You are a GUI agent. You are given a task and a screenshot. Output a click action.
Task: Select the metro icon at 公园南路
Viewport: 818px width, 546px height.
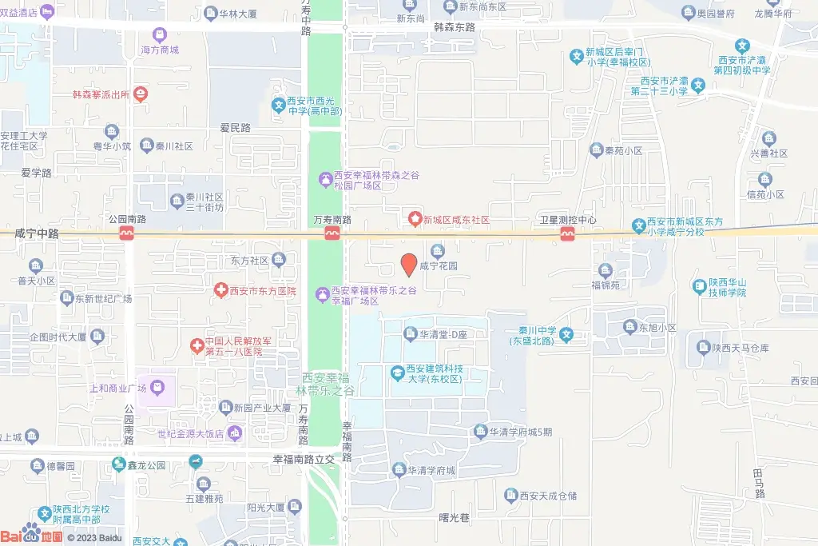[x=126, y=233]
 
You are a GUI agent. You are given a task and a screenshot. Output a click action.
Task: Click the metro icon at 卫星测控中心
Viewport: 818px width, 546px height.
[x=568, y=233]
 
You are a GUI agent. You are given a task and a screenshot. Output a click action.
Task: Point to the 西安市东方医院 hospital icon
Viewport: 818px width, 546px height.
[x=221, y=291]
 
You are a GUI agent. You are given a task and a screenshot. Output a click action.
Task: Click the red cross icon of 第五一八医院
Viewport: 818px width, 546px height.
[x=197, y=346]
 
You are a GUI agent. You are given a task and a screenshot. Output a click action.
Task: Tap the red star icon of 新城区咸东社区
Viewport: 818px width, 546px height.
[x=415, y=219]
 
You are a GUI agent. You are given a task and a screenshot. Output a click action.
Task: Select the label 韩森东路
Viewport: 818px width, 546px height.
[x=454, y=27]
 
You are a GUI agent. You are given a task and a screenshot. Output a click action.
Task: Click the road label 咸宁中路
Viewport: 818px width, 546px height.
[x=37, y=233]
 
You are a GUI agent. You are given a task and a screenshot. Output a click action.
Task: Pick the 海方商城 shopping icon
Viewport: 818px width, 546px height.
[x=160, y=35]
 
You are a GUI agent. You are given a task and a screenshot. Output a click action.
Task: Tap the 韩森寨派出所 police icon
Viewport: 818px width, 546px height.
[x=141, y=94]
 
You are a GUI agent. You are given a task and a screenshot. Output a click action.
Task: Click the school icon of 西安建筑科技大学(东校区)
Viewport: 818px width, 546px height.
[x=396, y=373]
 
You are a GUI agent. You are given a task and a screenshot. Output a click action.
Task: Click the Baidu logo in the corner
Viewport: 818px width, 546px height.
[x=32, y=536]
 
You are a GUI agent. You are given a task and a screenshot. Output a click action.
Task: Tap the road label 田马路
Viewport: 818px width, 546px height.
[x=758, y=483]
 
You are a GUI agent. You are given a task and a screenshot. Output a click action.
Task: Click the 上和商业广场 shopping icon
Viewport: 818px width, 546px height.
[x=157, y=389]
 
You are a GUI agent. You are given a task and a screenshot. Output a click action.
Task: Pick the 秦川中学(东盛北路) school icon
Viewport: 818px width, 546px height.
[x=566, y=334]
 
